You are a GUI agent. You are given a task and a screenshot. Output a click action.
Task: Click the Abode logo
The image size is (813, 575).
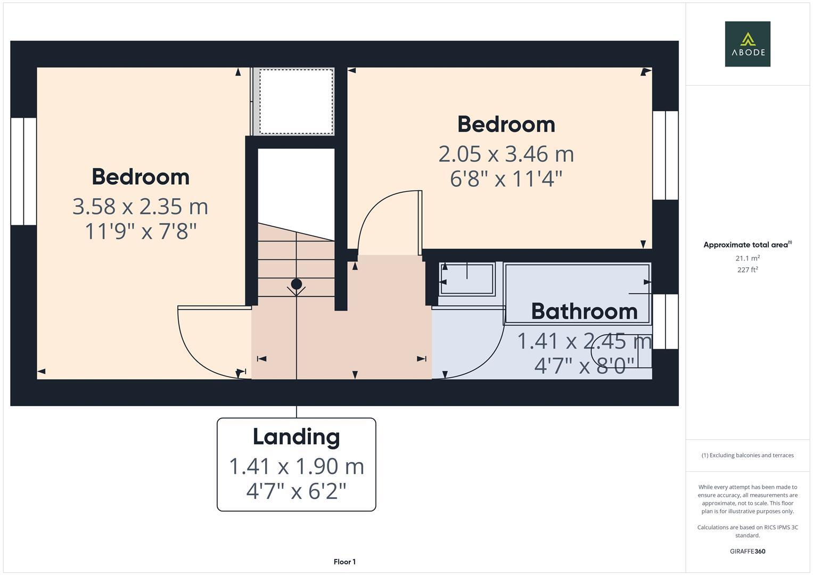pos(747,44)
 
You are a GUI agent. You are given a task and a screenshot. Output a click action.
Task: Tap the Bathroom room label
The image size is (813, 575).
pos(584,311)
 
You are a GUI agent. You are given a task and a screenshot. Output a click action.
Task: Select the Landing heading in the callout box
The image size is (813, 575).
pos(296,437)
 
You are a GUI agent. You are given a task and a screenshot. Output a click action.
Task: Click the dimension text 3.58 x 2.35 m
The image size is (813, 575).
pos(140,207)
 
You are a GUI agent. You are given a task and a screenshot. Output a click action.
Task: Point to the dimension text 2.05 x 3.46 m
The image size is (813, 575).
pos(506,154)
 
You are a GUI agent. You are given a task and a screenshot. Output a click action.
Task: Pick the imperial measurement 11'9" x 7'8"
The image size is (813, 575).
pos(141,232)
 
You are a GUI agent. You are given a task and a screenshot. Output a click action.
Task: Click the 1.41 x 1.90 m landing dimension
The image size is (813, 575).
pos(296,466)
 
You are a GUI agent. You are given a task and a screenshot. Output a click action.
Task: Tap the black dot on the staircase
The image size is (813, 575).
pos(297,284)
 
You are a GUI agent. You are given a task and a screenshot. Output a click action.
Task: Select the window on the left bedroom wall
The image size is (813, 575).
pos(23,171)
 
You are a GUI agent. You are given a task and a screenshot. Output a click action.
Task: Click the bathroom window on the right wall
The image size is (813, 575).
pos(665,322)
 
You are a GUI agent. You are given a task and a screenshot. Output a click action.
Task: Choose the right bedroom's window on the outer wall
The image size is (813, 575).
pos(665,155)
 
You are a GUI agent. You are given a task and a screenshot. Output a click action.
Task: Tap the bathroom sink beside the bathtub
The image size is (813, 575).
pos(467,278)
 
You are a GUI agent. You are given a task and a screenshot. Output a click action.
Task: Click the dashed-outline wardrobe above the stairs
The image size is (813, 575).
pos(295,102)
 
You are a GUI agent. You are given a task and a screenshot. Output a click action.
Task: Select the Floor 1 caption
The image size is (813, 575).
pos(344,562)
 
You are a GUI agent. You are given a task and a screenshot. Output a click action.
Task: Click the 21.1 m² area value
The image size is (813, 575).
pos(747,258)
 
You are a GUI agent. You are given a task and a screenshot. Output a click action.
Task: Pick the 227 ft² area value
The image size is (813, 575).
pos(747,269)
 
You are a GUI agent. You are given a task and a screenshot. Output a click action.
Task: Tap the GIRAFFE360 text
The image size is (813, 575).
pos(747,551)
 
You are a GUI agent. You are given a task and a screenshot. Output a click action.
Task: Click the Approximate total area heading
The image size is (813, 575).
pos(747,245)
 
